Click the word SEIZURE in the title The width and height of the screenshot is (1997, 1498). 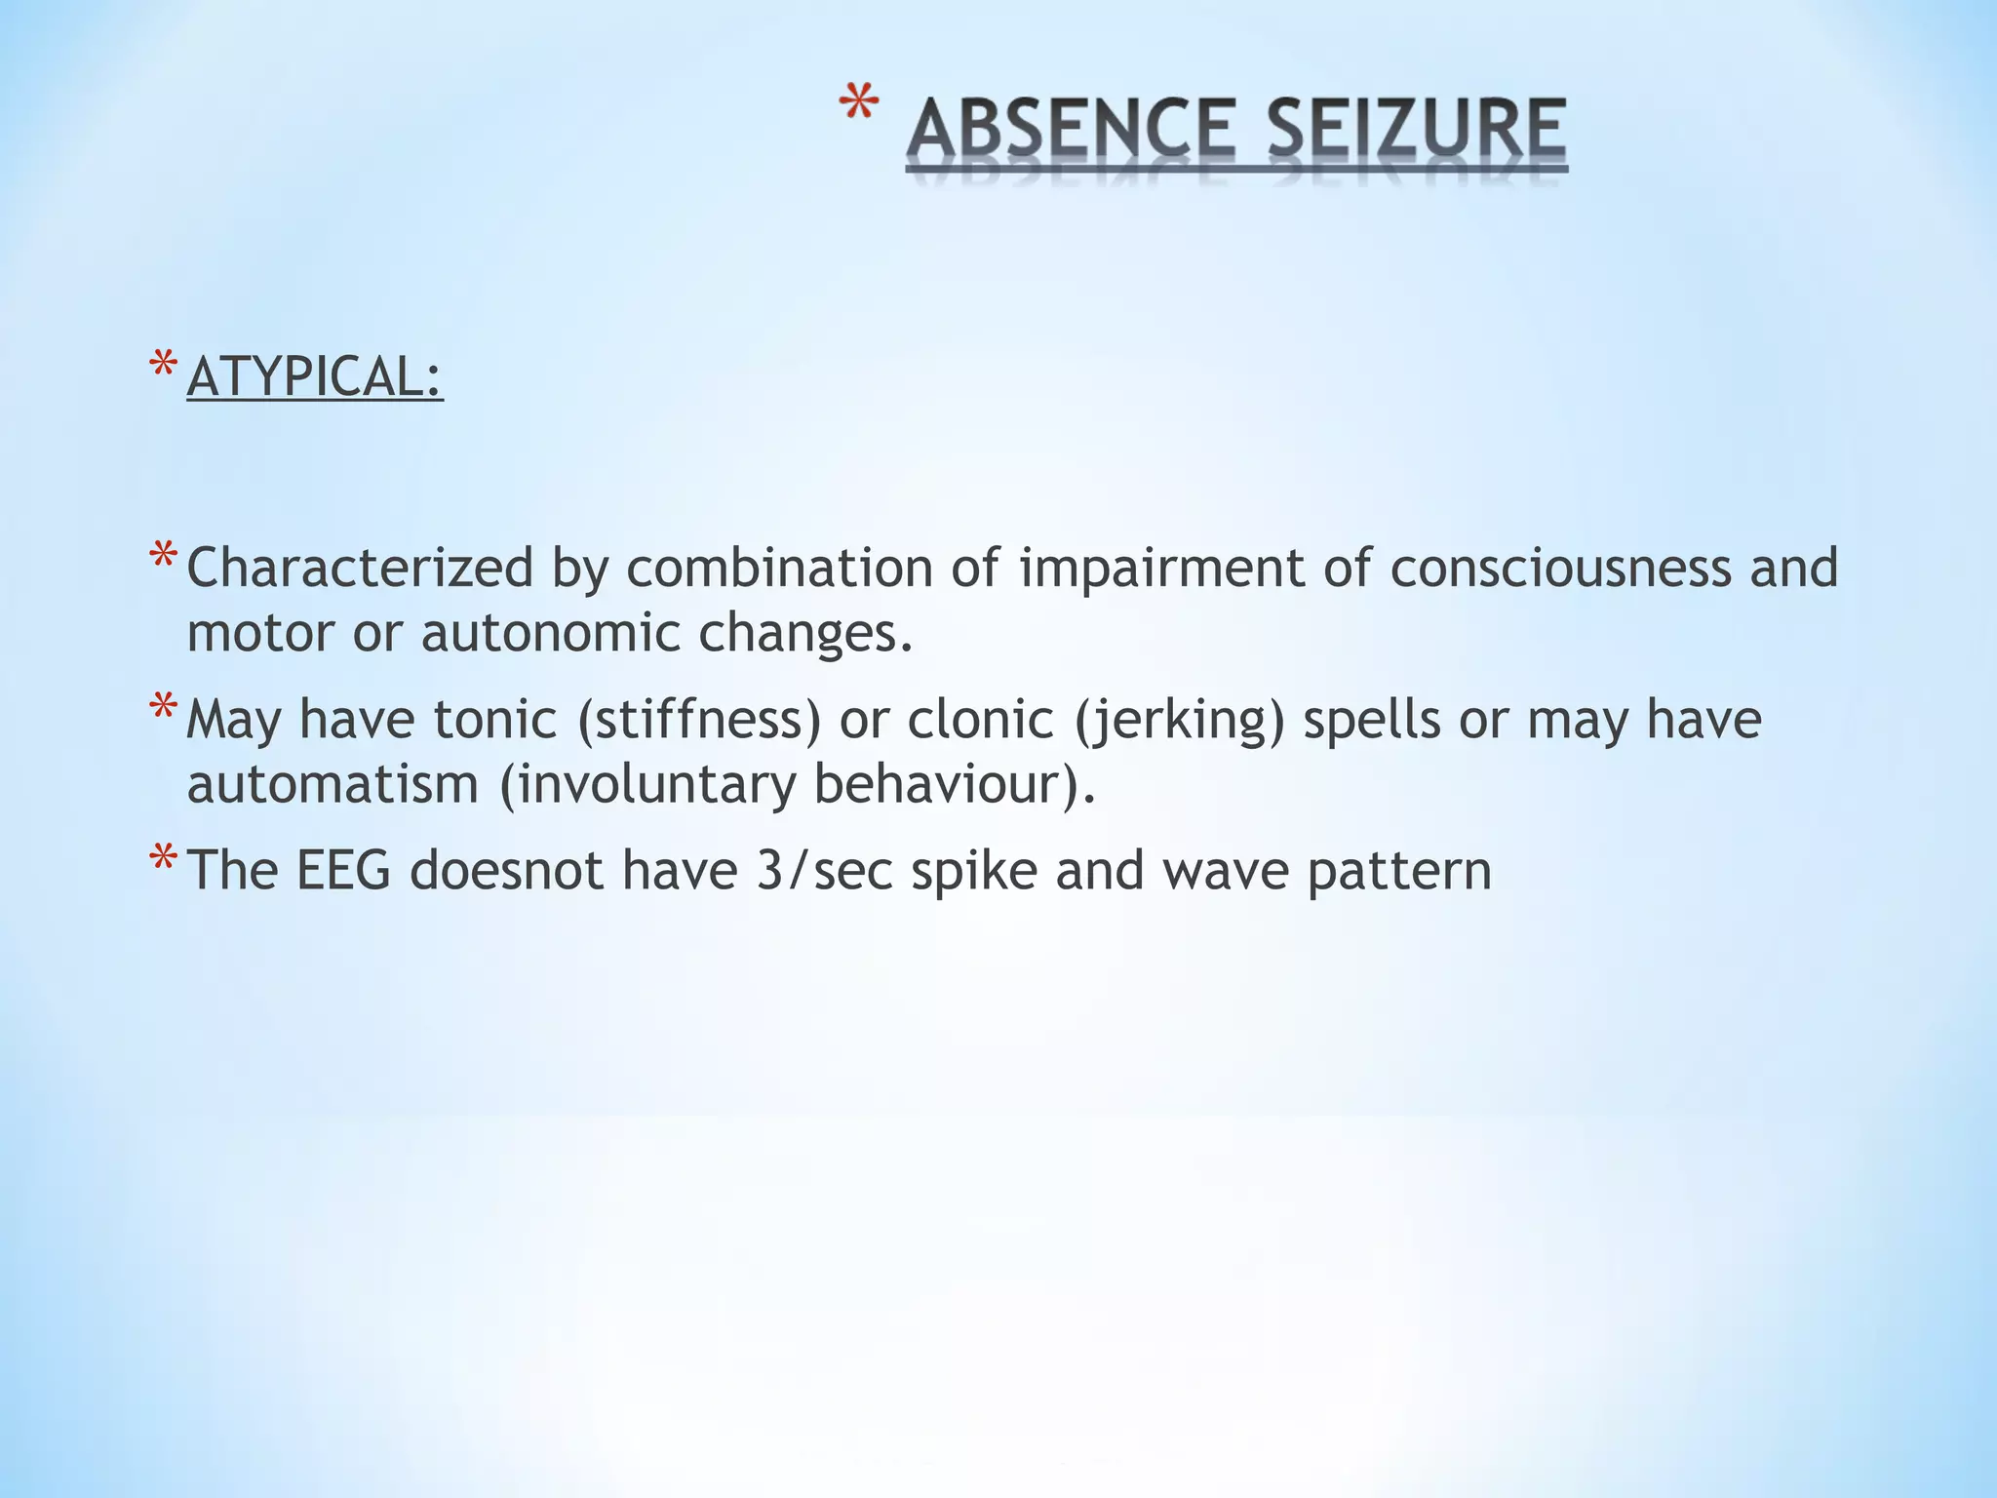[1417, 131]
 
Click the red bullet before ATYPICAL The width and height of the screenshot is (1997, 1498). [163, 368]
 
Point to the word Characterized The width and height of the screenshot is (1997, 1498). [360, 569]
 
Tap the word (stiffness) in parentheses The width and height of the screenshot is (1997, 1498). [699, 721]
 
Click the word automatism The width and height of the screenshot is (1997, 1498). [332, 785]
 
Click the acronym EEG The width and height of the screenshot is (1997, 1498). [342, 870]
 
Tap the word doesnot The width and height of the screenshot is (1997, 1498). [506, 870]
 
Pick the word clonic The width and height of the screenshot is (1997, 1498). [981, 721]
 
